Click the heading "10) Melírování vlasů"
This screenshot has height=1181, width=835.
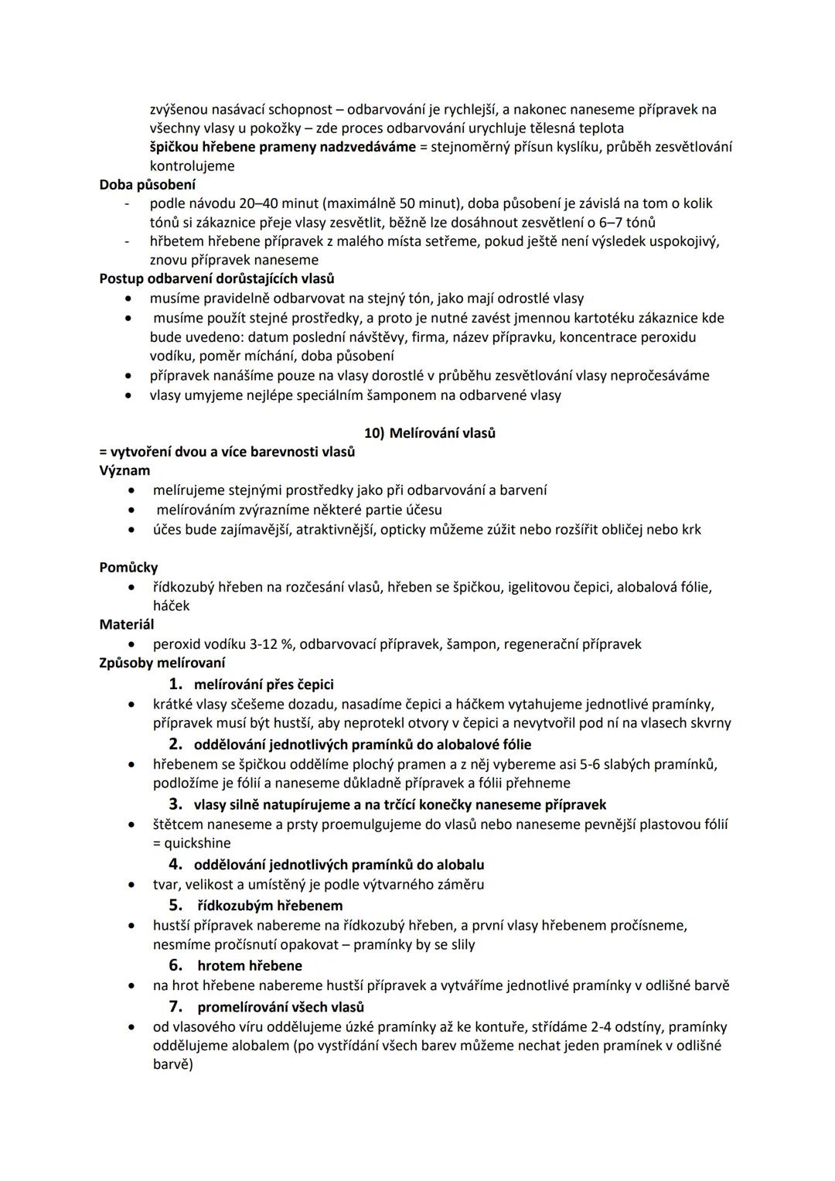click(x=430, y=433)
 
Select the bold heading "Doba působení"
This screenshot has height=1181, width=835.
click(x=148, y=185)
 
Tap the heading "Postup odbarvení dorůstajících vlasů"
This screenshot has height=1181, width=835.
click(x=217, y=278)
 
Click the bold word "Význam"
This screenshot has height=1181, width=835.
click(x=124, y=470)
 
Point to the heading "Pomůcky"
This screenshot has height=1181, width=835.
click(x=128, y=568)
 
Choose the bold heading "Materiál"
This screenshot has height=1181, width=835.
click(x=127, y=624)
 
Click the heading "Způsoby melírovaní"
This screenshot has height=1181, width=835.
click(x=162, y=663)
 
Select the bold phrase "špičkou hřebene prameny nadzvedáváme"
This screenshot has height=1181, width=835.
click(x=283, y=147)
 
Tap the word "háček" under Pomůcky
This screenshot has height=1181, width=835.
click(x=171, y=606)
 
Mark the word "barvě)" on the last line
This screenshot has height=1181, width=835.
click(x=172, y=1064)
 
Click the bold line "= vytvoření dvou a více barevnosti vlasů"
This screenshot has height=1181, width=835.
click(x=227, y=452)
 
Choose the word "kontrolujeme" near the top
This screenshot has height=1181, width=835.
click(x=192, y=166)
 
